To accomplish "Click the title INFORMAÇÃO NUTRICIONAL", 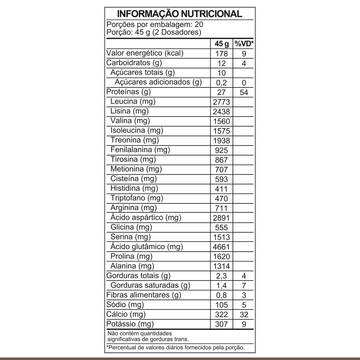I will [180, 14].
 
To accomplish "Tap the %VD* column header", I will [244, 44].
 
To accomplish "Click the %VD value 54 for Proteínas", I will [244, 93].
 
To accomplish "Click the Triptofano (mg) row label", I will [137, 198].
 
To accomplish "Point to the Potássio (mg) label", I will [130, 324].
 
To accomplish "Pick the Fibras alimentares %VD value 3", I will [244, 296].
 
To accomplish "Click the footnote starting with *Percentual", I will [176, 347].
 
